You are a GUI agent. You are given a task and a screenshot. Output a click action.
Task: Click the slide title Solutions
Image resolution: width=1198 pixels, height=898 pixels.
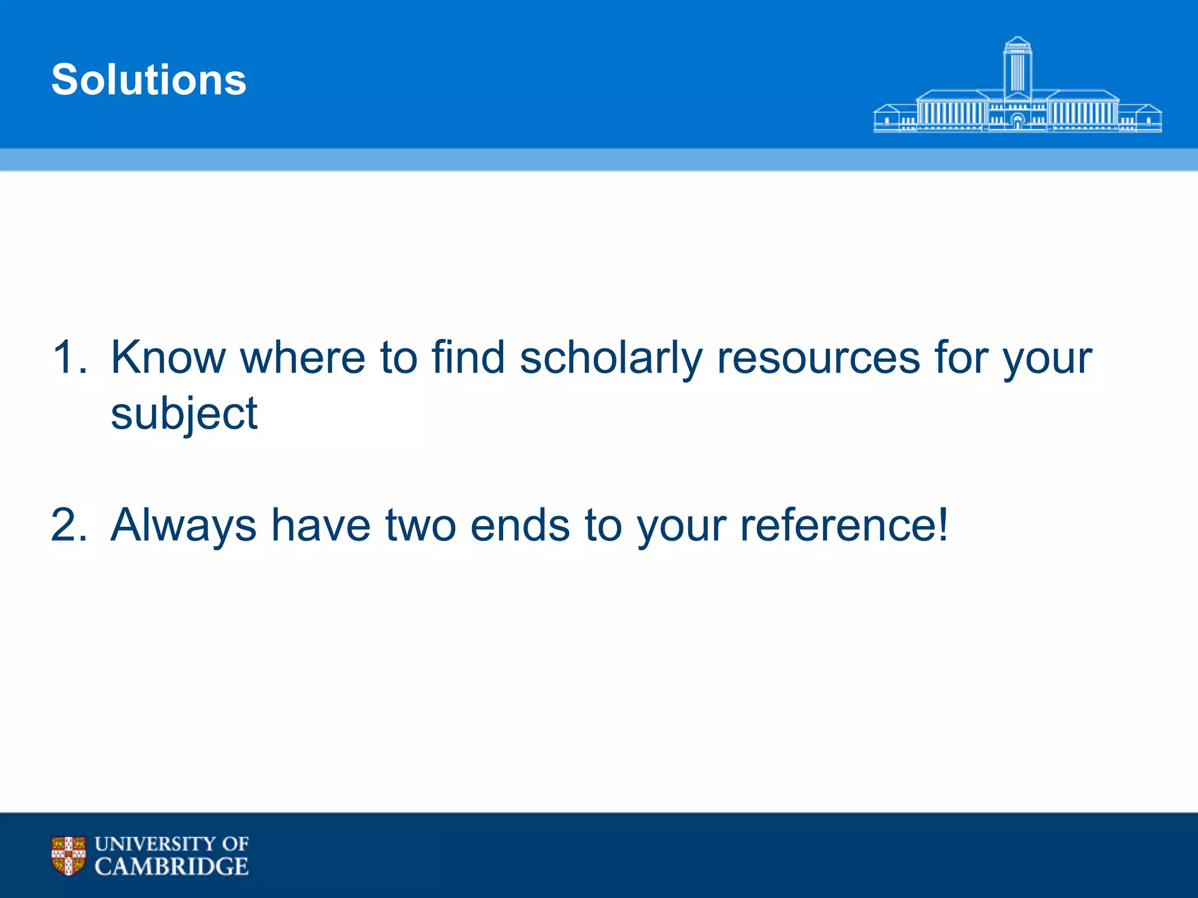click(x=149, y=80)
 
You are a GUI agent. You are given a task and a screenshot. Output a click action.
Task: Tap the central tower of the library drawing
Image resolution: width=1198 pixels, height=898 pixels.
click(x=1017, y=67)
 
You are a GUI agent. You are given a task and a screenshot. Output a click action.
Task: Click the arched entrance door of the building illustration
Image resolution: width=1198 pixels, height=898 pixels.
click(x=1018, y=122)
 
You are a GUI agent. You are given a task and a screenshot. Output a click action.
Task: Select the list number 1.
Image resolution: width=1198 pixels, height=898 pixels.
click(x=69, y=357)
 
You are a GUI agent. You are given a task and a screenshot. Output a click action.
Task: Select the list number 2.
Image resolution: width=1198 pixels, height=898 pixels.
click(x=69, y=525)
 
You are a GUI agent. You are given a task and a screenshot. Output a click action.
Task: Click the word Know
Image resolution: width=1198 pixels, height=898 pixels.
click(x=168, y=357)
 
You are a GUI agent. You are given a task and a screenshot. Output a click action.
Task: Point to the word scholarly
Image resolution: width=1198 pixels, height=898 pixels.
click(x=611, y=357)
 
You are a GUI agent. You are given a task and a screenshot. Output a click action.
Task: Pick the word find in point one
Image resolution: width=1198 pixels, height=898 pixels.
click(x=468, y=357)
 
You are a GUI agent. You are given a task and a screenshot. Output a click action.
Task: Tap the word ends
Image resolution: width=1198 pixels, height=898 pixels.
click(x=520, y=525)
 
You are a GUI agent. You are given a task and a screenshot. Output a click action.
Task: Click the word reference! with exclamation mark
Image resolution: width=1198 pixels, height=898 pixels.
click(x=844, y=525)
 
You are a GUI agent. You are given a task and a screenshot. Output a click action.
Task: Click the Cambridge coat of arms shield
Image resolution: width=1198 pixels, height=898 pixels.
click(x=68, y=855)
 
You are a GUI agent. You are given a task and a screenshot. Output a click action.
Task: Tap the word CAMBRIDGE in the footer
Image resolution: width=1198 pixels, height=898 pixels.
click(x=171, y=866)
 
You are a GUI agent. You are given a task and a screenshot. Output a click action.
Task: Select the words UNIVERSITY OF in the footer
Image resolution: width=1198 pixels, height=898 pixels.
click(x=171, y=844)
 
